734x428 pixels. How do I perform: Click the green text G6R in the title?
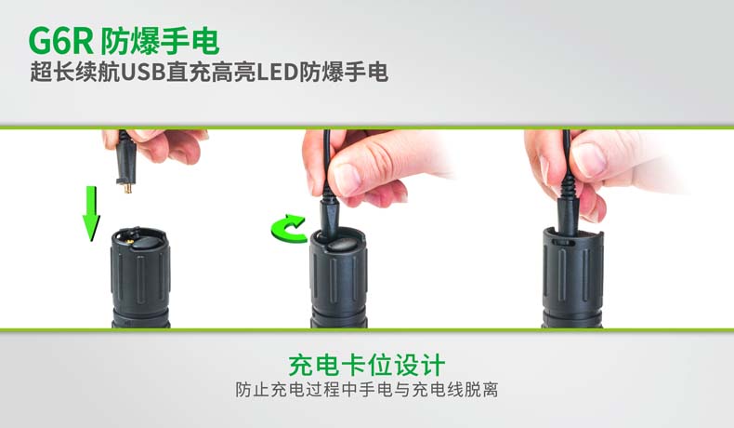click(x=60, y=41)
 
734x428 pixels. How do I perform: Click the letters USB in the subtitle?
click(x=143, y=73)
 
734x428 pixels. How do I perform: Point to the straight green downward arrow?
click(x=91, y=213)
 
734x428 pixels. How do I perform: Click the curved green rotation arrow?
click(x=289, y=229)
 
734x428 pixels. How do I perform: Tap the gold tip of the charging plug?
click(x=128, y=189)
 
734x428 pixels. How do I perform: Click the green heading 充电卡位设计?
click(x=366, y=366)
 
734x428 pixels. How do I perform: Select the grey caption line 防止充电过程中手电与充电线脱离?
click(x=366, y=390)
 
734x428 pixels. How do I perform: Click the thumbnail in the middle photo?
click(x=348, y=178)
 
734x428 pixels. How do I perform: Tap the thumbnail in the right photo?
click(x=590, y=158)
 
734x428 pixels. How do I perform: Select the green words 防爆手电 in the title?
click(x=160, y=41)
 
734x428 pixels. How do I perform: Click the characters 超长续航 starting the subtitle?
click(x=75, y=73)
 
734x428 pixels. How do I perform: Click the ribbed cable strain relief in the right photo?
click(x=567, y=188)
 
